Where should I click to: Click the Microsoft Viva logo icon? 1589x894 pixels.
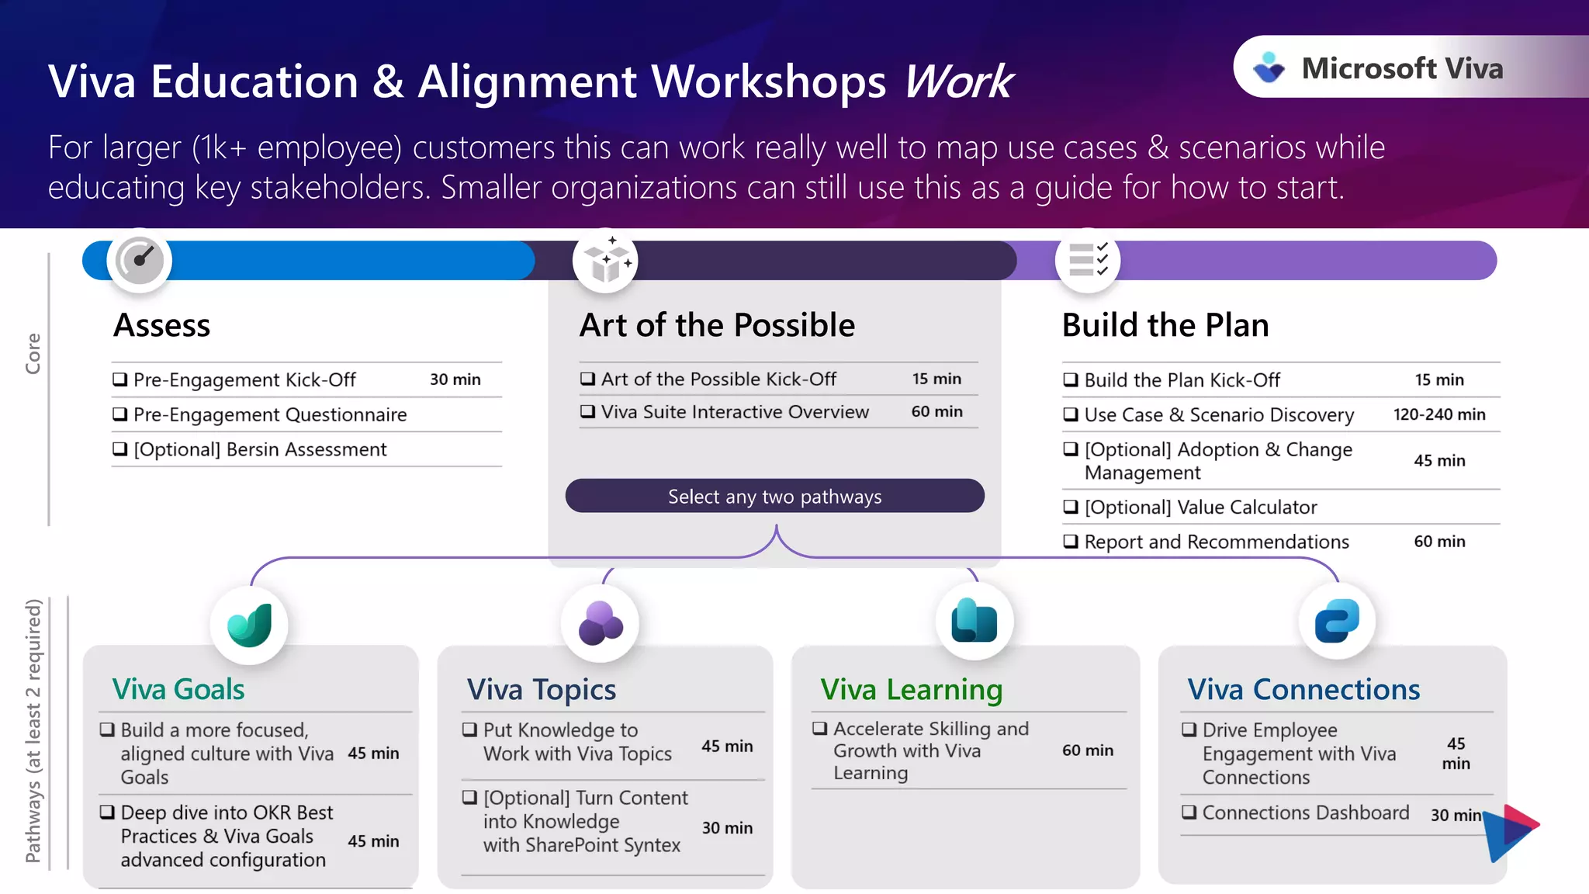click(x=1269, y=68)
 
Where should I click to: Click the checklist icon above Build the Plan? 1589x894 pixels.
click(x=1088, y=260)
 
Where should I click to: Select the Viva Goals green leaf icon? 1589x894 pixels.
click(x=249, y=625)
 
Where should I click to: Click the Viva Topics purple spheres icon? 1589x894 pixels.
click(x=600, y=623)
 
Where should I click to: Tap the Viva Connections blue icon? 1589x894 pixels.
click(x=1337, y=621)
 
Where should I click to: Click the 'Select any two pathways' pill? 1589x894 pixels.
click(x=774, y=497)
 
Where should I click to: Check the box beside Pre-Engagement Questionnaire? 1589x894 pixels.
click(x=120, y=414)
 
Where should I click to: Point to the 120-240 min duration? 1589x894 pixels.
click(x=1439, y=414)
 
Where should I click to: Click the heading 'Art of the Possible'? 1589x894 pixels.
click(x=717, y=325)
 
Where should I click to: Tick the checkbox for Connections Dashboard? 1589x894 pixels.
click(x=1189, y=813)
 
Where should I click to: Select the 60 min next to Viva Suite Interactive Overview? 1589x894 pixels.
click(x=936, y=412)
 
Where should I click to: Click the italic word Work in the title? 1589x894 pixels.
click(x=959, y=81)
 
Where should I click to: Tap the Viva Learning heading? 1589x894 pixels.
click(x=911, y=689)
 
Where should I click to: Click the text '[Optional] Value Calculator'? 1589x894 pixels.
click(x=1200, y=508)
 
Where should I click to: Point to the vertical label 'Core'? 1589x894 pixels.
click(x=33, y=354)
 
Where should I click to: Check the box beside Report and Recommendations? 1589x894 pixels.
click(x=1071, y=542)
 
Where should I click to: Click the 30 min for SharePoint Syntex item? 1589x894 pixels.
click(x=727, y=828)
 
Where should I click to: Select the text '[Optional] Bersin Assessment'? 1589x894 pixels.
click(x=260, y=450)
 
